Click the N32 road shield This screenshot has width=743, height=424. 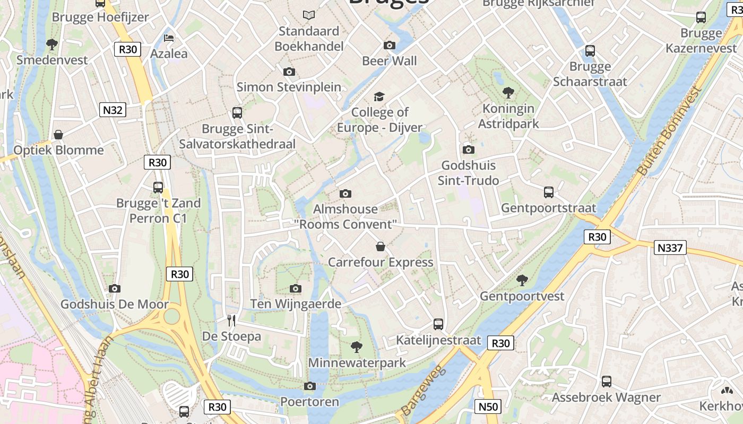pos(113,110)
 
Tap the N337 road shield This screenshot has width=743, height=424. pos(671,248)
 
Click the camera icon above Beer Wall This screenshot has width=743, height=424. pos(390,46)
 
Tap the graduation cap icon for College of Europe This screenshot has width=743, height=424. pos(379,96)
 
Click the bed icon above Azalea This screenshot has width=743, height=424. pos(169,38)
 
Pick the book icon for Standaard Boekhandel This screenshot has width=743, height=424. pos(309,15)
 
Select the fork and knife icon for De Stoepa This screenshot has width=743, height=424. pos(231,320)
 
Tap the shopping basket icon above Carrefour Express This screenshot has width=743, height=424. pos(381,246)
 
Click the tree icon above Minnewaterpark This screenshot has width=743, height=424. pos(357,347)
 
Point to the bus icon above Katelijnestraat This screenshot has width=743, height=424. pos(438,324)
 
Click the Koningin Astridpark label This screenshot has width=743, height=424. pos(508,116)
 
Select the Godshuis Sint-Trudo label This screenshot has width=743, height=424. pos(468,173)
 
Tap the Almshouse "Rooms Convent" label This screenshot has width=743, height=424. pos(347,216)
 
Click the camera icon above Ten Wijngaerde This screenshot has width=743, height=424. pos(296,288)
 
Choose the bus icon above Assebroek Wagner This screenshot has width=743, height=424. pos(606,381)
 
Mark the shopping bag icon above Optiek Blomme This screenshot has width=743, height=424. pos(58,135)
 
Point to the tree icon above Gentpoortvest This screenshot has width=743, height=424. pos(522,280)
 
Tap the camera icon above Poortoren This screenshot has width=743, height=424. pos(310,386)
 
